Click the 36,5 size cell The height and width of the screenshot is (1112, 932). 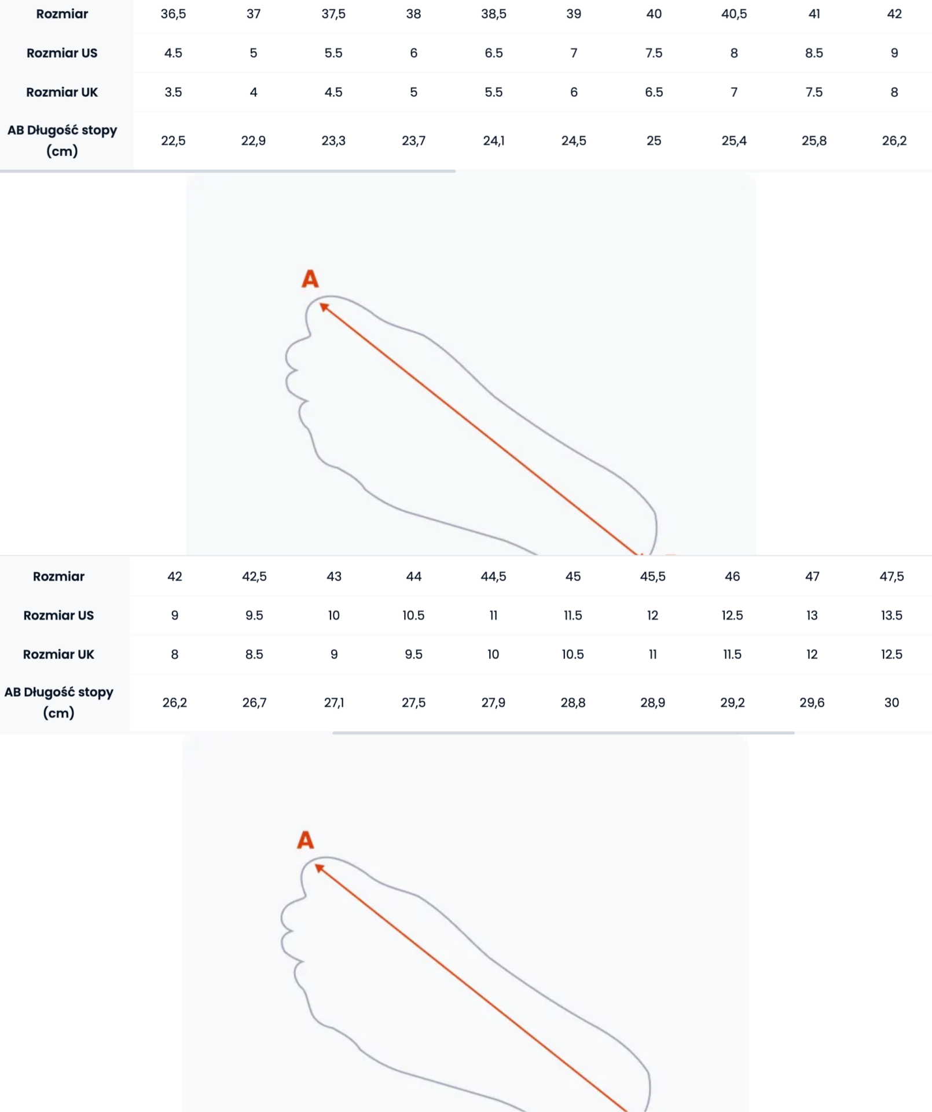click(173, 14)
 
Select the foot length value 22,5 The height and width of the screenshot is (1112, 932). click(173, 141)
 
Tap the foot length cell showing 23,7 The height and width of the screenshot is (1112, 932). click(413, 141)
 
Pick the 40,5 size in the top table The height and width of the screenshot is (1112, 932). click(734, 14)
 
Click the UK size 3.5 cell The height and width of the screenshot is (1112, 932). click(173, 92)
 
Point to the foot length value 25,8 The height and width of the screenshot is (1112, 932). click(814, 141)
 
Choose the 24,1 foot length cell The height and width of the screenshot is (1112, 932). click(494, 141)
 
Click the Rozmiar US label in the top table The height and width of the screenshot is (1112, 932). click(62, 53)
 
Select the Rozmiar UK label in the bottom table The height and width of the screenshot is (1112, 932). click(58, 654)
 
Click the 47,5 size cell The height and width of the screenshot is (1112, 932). click(891, 576)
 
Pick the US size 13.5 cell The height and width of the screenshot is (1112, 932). click(891, 615)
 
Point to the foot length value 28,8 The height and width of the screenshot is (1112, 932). click(573, 703)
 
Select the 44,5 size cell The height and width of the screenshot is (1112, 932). click(493, 576)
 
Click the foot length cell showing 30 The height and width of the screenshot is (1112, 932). click(891, 703)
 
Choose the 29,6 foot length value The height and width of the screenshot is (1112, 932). click(812, 703)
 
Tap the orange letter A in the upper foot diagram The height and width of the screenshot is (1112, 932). click(310, 279)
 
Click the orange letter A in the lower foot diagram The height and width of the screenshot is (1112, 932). click(306, 840)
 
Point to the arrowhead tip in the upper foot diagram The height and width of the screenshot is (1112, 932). click(320, 303)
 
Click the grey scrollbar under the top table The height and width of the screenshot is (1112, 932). click(228, 171)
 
